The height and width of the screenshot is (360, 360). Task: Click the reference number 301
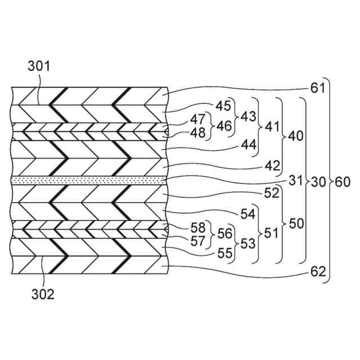tap(39, 67)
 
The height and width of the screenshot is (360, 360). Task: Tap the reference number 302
tap(43, 294)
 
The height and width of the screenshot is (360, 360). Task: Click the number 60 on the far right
tap(343, 182)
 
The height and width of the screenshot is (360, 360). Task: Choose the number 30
tap(318, 182)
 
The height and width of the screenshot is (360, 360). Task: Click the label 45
tap(223, 106)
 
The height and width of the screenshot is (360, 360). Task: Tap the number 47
tap(196, 119)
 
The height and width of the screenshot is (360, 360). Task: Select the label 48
tap(196, 133)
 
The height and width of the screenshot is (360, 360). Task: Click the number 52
tap(271, 192)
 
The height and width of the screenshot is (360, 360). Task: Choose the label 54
tap(247, 214)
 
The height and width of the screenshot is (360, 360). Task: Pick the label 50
tap(296, 223)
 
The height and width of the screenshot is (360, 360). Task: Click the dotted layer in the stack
tap(90, 179)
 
